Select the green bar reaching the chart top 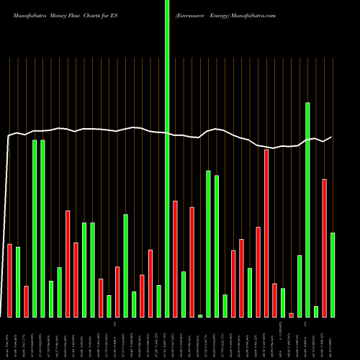coord(167,158)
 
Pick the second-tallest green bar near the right coord(307,209)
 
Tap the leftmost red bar coord(10,280)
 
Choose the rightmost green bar coord(333,274)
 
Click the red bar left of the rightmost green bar coord(324,248)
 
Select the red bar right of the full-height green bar coord(175,258)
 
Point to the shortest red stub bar coord(291,315)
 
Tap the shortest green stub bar coord(200,315)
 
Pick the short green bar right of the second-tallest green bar coord(315,311)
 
